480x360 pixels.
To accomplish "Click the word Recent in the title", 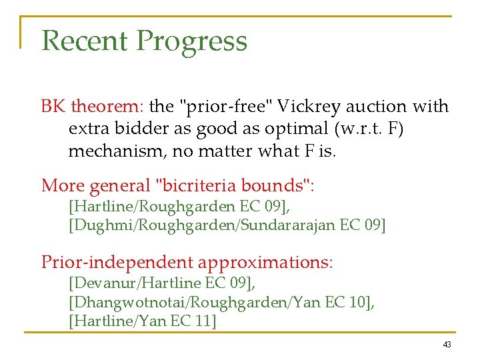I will (x=85, y=41).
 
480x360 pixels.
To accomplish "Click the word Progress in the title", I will (x=192, y=42).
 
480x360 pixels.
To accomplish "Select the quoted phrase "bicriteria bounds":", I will (x=246, y=186).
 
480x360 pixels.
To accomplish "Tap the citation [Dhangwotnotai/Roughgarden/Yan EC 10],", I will (x=221, y=303).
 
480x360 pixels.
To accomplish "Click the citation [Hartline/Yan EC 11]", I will (x=142, y=322).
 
